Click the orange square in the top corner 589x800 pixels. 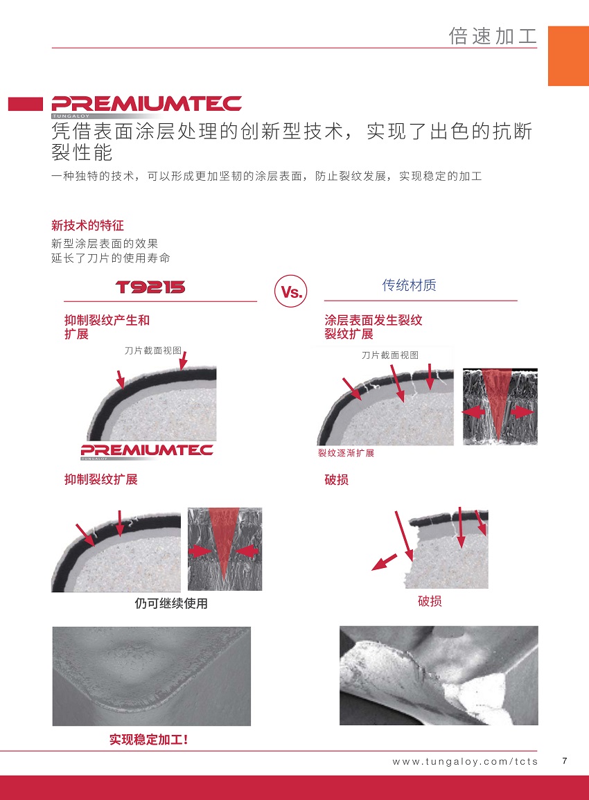tap(569, 56)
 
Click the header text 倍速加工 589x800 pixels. tap(493, 36)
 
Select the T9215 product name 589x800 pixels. tap(150, 287)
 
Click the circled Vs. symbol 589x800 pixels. tap(291, 292)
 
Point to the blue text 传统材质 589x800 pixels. tap(410, 285)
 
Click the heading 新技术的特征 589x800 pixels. tap(87, 225)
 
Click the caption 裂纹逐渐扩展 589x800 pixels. tap(346, 453)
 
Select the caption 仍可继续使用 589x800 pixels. tap(171, 603)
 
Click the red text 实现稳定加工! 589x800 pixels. tap(148, 739)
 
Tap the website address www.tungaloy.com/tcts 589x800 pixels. tap(465, 762)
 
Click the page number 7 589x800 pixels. tap(565, 761)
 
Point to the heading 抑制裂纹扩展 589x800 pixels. tap(101, 479)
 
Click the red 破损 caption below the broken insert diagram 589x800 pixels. tap(430, 601)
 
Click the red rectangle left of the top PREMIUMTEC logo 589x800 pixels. tap(26, 104)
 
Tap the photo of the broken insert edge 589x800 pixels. tap(439, 675)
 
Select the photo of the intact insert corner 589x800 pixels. tap(152, 676)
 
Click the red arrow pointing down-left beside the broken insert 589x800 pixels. tap(385, 562)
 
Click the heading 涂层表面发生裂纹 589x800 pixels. tap(373, 321)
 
